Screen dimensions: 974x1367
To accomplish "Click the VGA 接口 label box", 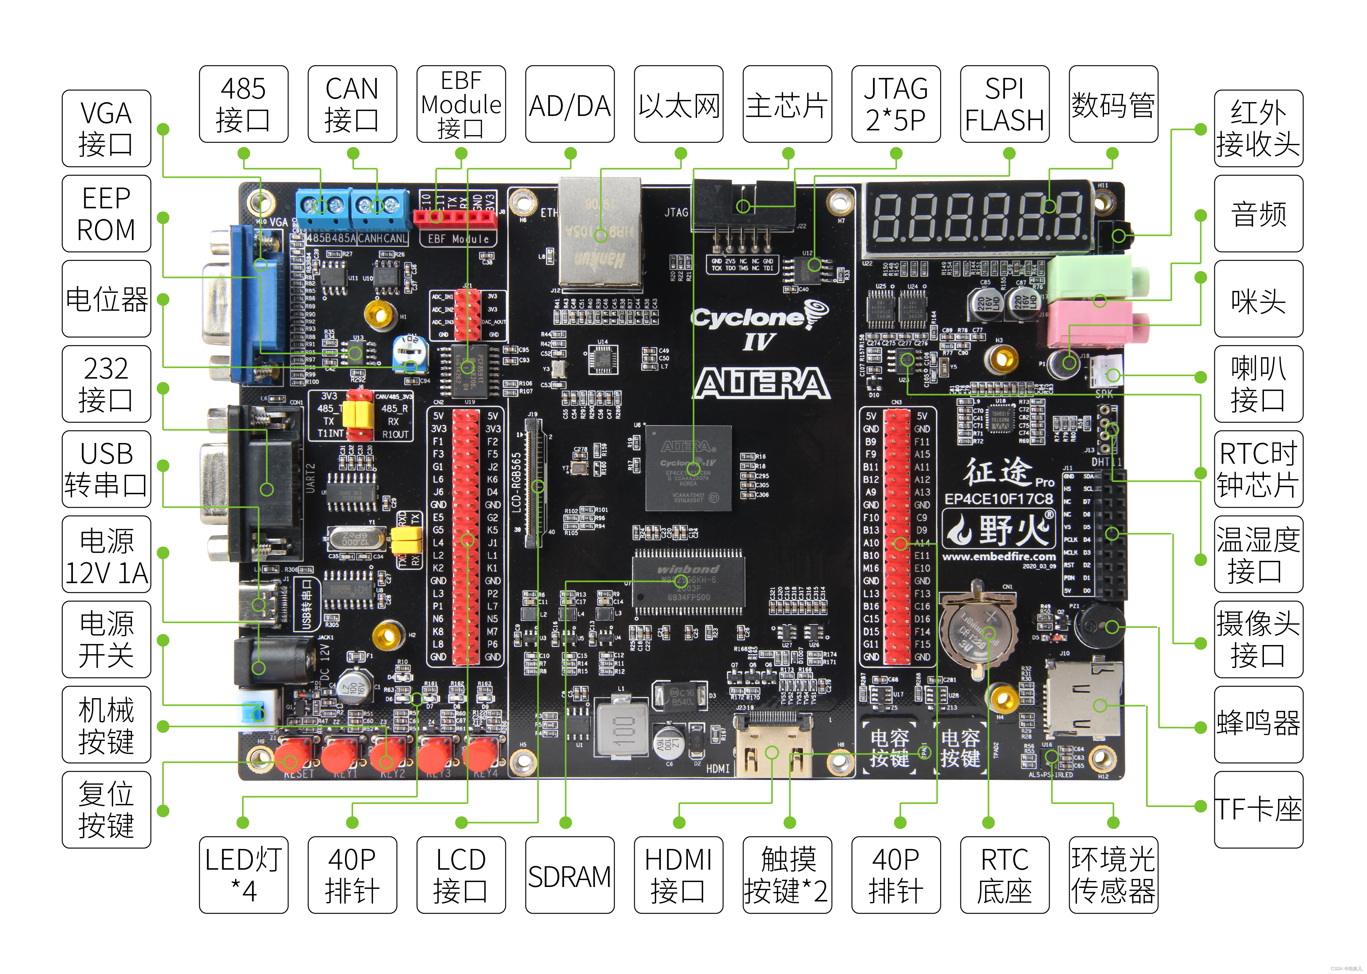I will (106, 128).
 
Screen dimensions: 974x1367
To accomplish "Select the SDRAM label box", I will (569, 875).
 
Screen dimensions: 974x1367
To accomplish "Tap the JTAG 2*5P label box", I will (896, 104).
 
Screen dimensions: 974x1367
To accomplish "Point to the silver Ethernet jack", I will (600, 231).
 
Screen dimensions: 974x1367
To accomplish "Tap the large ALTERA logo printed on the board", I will (762, 384).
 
